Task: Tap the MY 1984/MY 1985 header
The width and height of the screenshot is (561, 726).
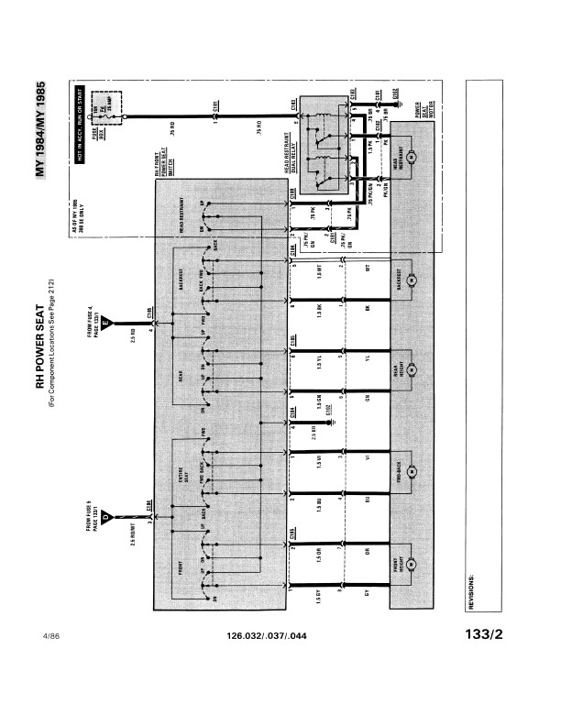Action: [x=41, y=132]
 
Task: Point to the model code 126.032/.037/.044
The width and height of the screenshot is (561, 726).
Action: [x=266, y=633]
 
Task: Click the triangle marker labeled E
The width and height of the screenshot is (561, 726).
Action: [x=108, y=322]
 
